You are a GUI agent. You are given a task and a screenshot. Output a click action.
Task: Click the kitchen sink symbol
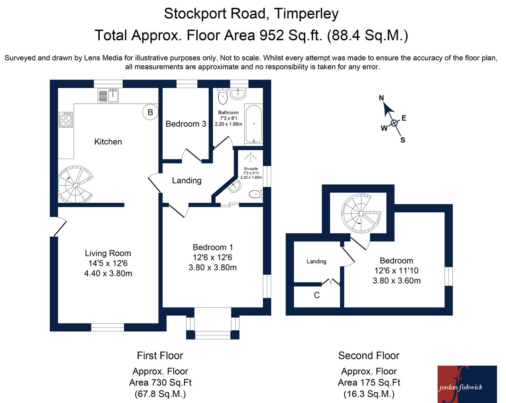[x=108, y=95]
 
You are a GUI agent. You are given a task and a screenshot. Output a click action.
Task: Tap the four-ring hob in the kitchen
[x=66, y=119]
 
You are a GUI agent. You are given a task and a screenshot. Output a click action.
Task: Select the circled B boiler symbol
[x=150, y=112]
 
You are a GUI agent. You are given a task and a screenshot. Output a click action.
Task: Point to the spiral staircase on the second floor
[x=361, y=213]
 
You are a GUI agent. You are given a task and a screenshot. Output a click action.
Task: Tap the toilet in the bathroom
[x=223, y=96]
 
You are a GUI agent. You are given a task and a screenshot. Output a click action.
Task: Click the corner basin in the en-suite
[x=235, y=186]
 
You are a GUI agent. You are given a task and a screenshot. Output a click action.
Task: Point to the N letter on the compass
[x=381, y=98]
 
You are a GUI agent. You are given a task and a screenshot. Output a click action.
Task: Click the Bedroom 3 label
[x=186, y=124]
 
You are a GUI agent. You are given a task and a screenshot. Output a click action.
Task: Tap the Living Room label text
[x=108, y=253]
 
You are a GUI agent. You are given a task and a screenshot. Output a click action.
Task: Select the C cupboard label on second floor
[x=317, y=295]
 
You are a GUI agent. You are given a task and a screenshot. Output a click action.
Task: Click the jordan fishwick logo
[x=467, y=384]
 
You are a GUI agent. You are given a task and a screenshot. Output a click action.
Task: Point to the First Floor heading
[x=160, y=356]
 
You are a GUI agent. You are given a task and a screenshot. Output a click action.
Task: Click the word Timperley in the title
[x=306, y=14]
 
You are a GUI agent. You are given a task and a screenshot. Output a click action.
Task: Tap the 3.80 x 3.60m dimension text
[x=396, y=281]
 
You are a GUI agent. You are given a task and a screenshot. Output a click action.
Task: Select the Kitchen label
[x=108, y=142]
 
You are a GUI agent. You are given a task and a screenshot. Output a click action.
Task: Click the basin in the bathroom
[x=238, y=94]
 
